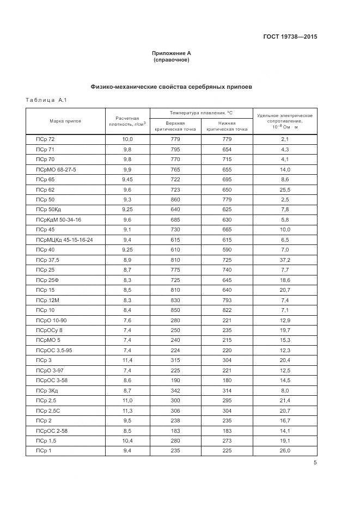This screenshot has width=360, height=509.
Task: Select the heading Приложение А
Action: tap(172, 53)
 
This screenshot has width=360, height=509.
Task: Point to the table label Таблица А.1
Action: tap(46, 100)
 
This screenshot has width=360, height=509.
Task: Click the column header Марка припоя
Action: tap(65, 121)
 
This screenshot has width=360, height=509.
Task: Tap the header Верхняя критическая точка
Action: tap(175, 126)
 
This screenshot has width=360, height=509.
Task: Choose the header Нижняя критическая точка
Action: tap(227, 126)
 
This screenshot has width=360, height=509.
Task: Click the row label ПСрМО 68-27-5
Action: tap(56, 169)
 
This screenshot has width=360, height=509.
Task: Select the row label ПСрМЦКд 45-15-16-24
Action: tap(64, 240)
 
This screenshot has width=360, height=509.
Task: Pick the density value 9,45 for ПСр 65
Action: tap(127, 179)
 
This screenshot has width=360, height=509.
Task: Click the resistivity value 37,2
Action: tap(285, 260)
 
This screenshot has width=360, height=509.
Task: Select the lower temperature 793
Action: tap(227, 300)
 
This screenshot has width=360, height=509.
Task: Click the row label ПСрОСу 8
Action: tap(49, 330)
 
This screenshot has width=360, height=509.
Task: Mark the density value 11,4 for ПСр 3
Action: tap(127, 360)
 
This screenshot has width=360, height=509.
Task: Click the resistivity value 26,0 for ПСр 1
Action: tap(285, 450)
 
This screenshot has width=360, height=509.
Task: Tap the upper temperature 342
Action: tap(175, 390)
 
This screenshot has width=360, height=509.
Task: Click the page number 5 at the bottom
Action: tap(315, 463)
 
